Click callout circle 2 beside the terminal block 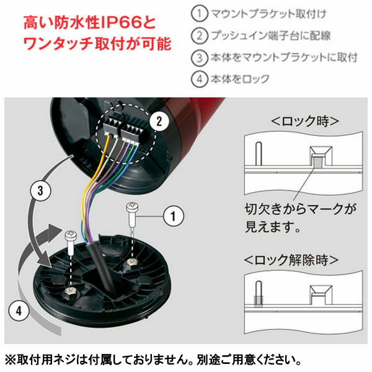(159, 122)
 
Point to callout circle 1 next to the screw (174, 216)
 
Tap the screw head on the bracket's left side (71, 236)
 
